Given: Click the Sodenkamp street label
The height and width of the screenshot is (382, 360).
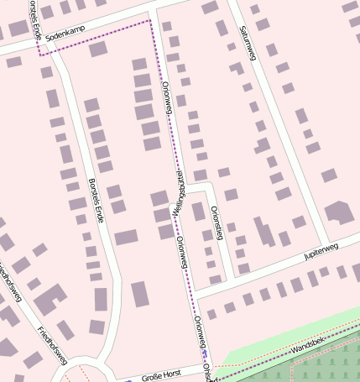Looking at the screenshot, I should [x=66, y=37].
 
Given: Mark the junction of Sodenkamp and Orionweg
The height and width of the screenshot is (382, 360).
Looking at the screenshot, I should [x=152, y=17].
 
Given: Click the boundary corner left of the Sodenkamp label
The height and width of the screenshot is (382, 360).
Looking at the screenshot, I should [x=39, y=52].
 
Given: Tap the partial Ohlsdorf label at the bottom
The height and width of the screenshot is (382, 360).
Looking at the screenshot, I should [x=209, y=374].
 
